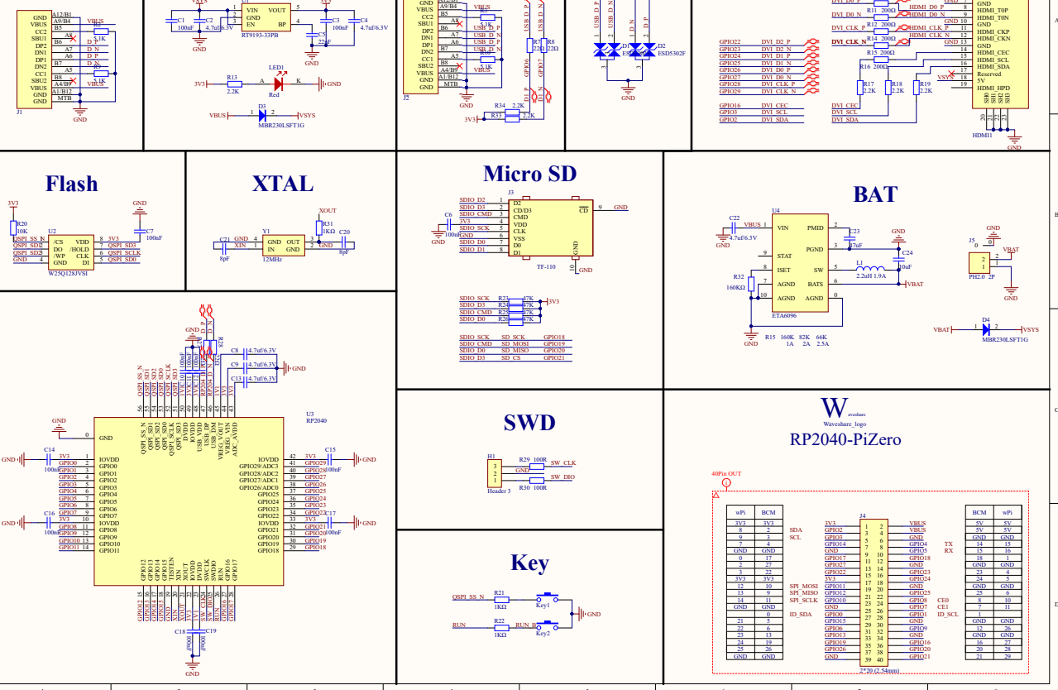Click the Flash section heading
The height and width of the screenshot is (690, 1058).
71,184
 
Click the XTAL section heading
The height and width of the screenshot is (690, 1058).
283,184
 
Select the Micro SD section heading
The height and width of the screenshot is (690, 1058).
529,174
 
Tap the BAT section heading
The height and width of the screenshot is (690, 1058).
874,194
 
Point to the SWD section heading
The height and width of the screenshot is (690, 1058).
529,423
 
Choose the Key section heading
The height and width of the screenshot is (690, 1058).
529,563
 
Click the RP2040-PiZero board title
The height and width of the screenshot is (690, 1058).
845,439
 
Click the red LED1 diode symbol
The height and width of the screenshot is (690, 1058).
279,84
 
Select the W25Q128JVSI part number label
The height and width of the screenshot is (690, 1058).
68,272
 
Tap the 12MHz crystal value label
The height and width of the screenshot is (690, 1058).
272,259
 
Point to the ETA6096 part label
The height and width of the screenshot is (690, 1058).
784,315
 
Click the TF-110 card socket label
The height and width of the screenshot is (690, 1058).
545,267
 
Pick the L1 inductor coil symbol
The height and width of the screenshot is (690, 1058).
869,268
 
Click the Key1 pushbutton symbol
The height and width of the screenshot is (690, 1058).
546,597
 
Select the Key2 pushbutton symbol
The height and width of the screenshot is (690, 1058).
546,624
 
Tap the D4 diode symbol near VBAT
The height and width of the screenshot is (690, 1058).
985,329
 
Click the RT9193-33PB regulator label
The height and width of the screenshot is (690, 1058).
259,36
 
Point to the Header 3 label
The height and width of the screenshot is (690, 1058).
499,491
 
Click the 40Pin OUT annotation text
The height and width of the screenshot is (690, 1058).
725,474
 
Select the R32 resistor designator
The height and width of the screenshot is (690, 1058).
738,277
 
